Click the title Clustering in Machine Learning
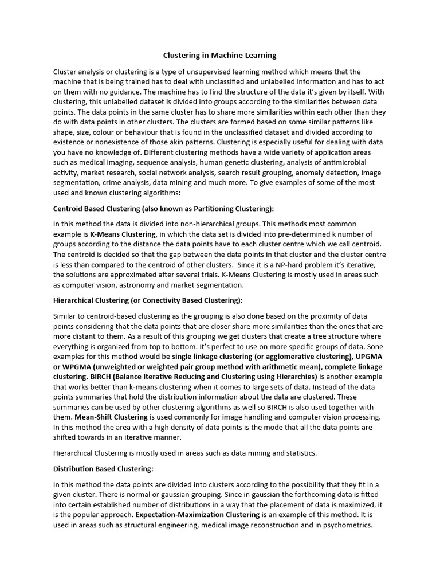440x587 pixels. (219, 56)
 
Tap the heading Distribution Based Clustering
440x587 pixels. (103, 469)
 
